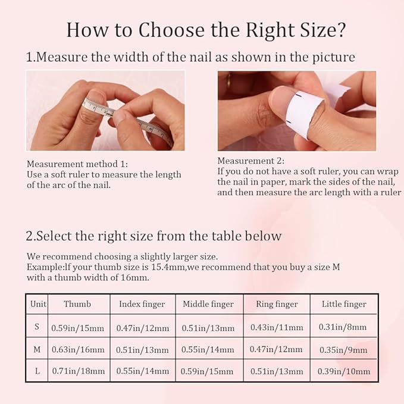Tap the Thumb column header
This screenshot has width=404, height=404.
tap(77, 304)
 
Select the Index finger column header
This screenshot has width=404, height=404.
tap(142, 304)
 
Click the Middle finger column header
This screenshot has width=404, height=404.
tap(208, 304)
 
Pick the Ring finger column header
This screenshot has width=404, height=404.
tap(277, 304)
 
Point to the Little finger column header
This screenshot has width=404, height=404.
tap(344, 304)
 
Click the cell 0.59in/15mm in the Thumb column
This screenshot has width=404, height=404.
tap(77, 327)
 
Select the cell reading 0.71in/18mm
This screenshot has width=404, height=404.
tap(77, 371)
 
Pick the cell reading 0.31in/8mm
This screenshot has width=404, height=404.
tap(344, 327)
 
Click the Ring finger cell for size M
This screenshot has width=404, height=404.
tap(277, 349)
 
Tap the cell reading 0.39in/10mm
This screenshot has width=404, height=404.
tap(344, 371)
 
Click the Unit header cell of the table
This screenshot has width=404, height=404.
tap(38, 304)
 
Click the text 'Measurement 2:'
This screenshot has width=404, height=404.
tap(250, 161)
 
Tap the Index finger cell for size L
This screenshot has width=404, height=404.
tap(142, 371)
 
